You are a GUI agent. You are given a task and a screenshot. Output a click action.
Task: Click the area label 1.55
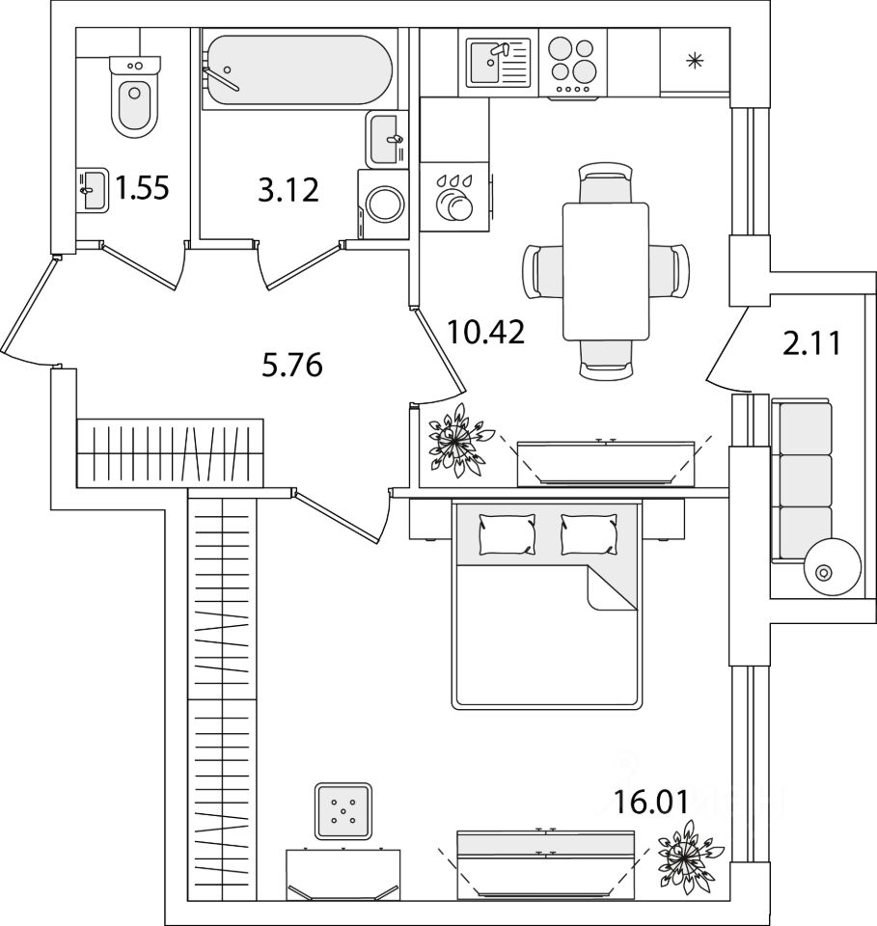pyautogui.click(x=142, y=188)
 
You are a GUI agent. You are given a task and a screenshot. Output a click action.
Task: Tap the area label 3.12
pyautogui.click(x=288, y=190)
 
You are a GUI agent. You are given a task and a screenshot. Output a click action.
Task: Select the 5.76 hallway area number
pyautogui.click(x=291, y=365)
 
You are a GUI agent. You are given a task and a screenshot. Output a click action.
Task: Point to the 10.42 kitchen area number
pyautogui.click(x=485, y=332)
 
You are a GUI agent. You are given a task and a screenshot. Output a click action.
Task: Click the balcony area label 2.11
pyautogui.click(x=810, y=343)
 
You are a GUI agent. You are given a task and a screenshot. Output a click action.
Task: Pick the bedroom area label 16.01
pyautogui.click(x=651, y=802)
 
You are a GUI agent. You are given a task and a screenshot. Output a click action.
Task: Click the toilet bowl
pyautogui.click(x=135, y=96)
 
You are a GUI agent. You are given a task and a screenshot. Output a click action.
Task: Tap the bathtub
pyautogui.click(x=298, y=70)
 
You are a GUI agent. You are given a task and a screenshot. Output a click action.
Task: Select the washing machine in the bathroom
pyautogui.click(x=383, y=204)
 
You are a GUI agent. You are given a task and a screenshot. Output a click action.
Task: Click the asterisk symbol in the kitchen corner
pyautogui.click(x=695, y=60)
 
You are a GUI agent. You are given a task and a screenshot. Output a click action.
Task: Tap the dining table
pyautogui.click(x=605, y=272)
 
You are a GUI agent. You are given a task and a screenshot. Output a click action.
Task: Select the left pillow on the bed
pyautogui.click(x=507, y=533)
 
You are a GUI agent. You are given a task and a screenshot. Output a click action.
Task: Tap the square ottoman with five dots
pyautogui.click(x=343, y=811)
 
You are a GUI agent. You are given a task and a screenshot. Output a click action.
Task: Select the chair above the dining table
pyautogui.click(x=605, y=182)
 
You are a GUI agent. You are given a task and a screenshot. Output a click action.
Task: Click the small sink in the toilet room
pyautogui.click(x=92, y=190)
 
